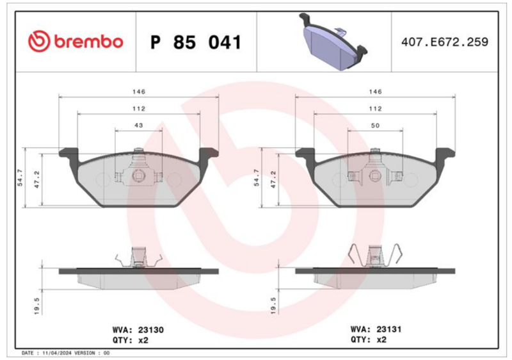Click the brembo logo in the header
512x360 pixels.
pos(76,42)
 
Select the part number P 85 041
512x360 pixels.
pos(196,42)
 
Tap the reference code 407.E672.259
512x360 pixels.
pos(445,42)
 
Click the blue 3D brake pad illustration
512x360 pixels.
pos(333,42)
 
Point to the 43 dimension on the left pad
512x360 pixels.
pos(139,125)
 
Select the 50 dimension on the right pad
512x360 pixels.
pos(375,126)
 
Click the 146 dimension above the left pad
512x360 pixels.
pos(139,92)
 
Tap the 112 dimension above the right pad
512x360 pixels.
pos(375,108)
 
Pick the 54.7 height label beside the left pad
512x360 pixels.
pos(20,177)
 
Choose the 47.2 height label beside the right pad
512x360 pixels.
pos(273,179)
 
